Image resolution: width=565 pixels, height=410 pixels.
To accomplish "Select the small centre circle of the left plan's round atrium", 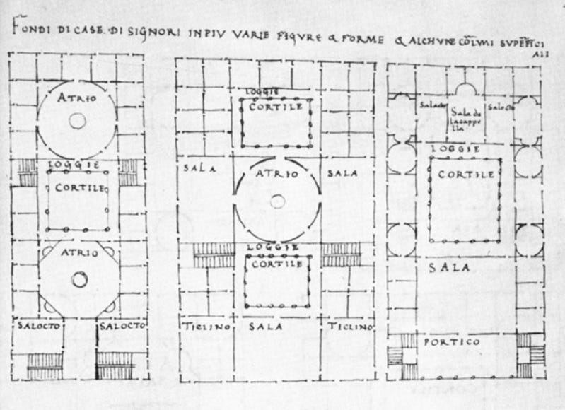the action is [77, 121].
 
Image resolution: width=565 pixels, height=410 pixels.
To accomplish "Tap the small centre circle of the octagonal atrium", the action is [79, 280].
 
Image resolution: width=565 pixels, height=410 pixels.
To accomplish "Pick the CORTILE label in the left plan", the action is [79, 188].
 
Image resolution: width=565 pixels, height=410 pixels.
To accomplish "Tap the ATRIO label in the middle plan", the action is [277, 172].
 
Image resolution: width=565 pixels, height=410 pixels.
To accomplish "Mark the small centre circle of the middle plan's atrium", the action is [277, 201].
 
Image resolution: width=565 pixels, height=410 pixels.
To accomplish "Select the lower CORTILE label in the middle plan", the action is [277, 263].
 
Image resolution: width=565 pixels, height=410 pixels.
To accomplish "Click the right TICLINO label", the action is [350, 327].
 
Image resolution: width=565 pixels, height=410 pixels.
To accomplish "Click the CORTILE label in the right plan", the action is [465, 174].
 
